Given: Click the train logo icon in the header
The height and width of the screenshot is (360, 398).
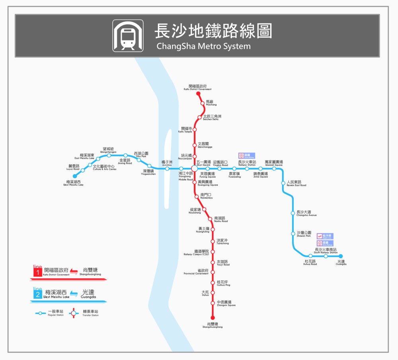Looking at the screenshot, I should [x=127, y=35].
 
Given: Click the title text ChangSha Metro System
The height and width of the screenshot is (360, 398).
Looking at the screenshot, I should [x=203, y=46].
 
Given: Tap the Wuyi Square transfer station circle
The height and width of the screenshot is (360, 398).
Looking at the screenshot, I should [x=195, y=169].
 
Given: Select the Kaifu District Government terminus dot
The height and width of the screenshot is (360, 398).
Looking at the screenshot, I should [x=198, y=94].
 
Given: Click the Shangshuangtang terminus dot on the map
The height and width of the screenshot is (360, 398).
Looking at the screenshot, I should [x=213, y=317].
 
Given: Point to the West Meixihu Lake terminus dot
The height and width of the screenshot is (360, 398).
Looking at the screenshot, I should [x=74, y=176].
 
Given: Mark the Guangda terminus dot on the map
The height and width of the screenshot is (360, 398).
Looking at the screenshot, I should [x=341, y=256].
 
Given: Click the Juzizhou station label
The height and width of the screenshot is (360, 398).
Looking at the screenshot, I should [x=167, y=163].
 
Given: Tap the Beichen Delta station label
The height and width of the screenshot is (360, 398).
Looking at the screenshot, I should [x=211, y=117].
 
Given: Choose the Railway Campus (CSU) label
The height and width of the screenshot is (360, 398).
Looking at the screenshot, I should [x=201, y=252].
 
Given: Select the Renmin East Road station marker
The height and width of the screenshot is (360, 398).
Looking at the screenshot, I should [x=283, y=183].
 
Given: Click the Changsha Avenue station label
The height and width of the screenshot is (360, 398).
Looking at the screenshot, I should [x=306, y=213].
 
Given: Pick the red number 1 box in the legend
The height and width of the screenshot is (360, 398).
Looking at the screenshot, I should [x=37, y=272].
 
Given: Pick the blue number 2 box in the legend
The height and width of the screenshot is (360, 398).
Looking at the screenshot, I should [x=37, y=294].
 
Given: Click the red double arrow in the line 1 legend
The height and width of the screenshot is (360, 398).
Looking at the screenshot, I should [x=74, y=272].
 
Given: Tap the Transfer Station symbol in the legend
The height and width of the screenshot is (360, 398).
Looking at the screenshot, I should [x=73, y=313].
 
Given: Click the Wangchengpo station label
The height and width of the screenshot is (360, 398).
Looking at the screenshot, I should [x=108, y=150].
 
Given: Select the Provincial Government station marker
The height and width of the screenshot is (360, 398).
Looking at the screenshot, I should [x=213, y=272].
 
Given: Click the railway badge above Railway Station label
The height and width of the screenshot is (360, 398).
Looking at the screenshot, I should [x=247, y=156].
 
